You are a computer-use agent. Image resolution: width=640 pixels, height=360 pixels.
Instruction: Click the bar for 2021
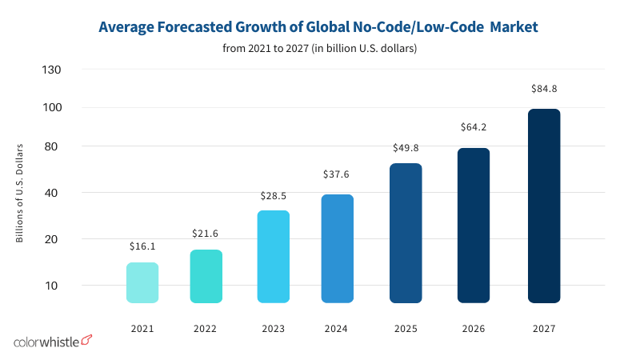pos(142,282)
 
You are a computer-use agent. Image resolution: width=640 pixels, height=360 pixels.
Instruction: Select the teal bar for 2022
pos(206,276)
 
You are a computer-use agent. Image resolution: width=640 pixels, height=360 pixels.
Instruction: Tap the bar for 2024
pos(338,249)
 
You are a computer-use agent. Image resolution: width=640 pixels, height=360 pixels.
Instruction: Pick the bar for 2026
pos(474,226)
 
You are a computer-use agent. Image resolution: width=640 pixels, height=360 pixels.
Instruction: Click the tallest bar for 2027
pos(544,206)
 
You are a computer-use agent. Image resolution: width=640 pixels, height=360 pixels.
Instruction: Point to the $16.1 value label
pos(142,249)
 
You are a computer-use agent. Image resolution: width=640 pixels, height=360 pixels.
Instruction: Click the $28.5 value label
pos(274,196)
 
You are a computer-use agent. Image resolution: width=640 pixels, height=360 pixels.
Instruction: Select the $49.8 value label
pos(406,148)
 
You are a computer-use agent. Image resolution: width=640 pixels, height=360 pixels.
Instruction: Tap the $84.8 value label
pos(544,88)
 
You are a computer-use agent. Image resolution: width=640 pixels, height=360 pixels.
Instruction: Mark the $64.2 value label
pos(474,127)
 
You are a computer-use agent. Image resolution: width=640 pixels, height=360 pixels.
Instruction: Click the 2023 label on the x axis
pos(274,328)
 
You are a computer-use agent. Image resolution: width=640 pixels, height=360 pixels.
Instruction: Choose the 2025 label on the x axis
pos(406,328)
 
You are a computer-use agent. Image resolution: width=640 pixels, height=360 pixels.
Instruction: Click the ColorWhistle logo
pos(53,342)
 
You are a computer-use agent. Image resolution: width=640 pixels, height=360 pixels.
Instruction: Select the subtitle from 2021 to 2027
pos(320,49)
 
